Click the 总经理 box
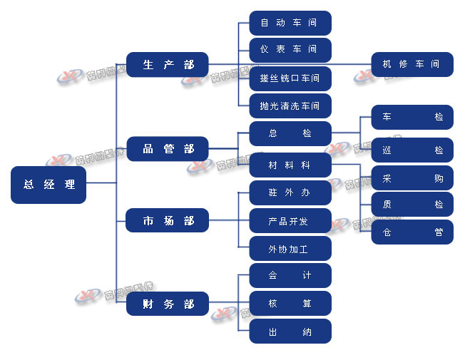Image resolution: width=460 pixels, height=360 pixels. click(48, 185)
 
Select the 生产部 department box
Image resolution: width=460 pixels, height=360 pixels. click(168, 65)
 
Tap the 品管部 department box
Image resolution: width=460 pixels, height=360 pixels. click(168, 149)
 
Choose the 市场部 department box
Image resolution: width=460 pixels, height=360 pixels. click(168, 221)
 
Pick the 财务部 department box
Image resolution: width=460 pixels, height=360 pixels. click(168, 304)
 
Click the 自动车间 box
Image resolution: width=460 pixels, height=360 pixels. click(290, 23)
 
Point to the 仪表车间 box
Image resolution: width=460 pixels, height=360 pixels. click(290, 50)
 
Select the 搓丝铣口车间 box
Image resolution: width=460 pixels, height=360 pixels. click(290, 78)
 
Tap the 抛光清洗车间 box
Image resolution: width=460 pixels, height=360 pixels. click(290, 106)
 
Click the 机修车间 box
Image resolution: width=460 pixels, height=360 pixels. click(412, 64)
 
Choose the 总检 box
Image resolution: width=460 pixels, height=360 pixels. click(290, 133)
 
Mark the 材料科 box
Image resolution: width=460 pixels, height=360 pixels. click(290, 165)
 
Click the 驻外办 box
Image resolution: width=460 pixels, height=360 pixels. click(290, 192)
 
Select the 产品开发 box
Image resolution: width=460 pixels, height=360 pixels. click(290, 221)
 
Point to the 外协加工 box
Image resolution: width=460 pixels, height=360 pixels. click(290, 249)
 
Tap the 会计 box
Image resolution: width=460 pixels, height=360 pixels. click(290, 275)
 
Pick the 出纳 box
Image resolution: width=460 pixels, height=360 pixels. click(290, 331)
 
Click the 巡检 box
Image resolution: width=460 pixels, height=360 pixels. click(412, 150)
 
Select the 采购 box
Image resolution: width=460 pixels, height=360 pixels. click(412, 178)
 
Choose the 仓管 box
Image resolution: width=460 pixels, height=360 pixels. click(412, 232)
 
